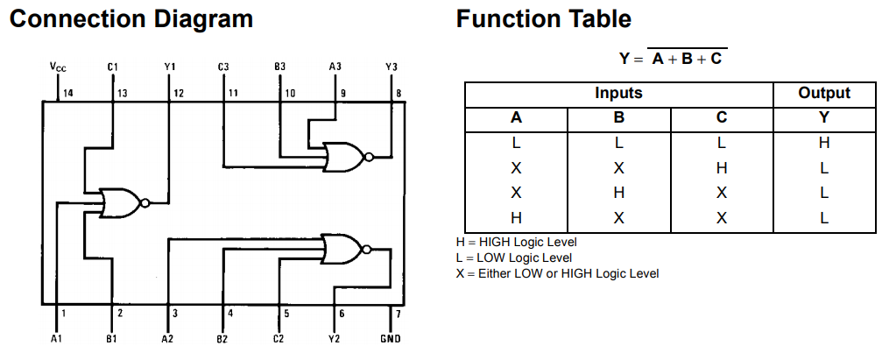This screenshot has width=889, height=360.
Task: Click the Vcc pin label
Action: [x=57, y=67]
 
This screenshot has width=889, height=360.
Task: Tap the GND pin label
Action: [x=390, y=339]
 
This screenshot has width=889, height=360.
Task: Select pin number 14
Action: [x=68, y=94]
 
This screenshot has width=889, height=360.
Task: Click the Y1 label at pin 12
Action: [x=170, y=67]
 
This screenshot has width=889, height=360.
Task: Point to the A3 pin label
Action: [x=335, y=67]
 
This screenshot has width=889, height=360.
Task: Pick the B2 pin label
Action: [x=222, y=339]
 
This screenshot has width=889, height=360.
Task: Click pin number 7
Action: [x=399, y=314]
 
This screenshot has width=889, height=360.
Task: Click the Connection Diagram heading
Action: [x=131, y=19]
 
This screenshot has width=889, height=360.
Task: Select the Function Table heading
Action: [x=543, y=19]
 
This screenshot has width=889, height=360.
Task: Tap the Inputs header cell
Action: [x=618, y=93]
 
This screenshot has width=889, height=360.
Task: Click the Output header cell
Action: [x=824, y=93]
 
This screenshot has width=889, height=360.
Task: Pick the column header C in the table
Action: [x=721, y=118]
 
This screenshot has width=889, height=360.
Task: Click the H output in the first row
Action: [x=824, y=143]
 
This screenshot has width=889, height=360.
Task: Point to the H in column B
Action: [x=618, y=194]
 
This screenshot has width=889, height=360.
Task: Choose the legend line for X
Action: [x=557, y=274]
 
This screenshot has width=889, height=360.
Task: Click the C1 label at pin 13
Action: [x=112, y=67]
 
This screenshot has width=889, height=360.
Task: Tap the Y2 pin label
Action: [x=335, y=339]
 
